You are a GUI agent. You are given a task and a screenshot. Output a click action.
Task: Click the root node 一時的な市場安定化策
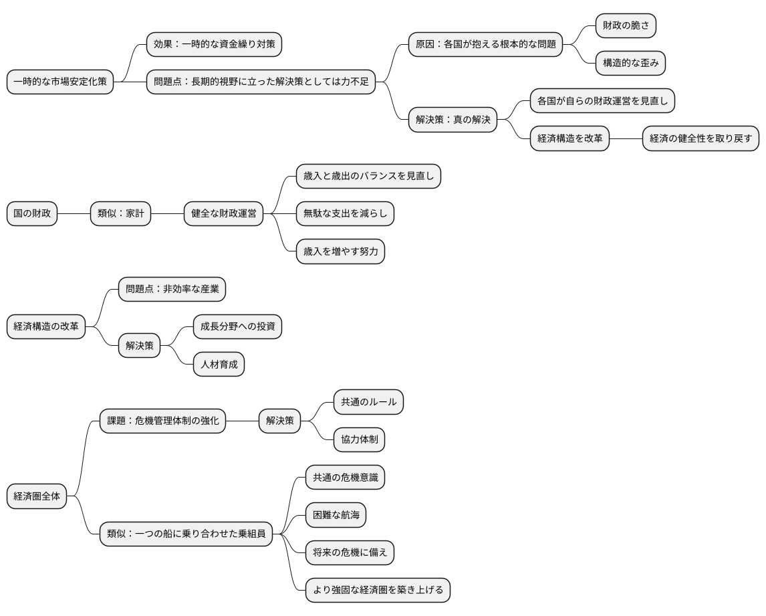pyautogui.click(x=60, y=82)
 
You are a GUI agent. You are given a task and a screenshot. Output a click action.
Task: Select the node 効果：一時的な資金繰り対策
pyautogui.click(x=214, y=45)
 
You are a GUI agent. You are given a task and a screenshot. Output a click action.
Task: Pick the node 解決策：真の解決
pyautogui.click(x=453, y=120)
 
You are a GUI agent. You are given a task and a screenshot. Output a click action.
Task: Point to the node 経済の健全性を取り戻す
pyautogui.click(x=700, y=138)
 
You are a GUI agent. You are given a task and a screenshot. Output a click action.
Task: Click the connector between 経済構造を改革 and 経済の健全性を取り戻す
pyautogui.click(x=626, y=138)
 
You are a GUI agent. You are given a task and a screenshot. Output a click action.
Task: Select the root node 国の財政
pyautogui.click(x=32, y=214)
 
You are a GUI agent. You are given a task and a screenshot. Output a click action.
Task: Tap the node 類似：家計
pyautogui.click(x=120, y=214)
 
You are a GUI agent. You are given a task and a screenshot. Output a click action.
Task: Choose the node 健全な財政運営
pyautogui.click(x=223, y=214)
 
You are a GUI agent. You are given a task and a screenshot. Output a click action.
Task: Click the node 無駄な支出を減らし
pyautogui.click(x=345, y=214)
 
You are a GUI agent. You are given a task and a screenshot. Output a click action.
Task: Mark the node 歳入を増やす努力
pyautogui.click(x=340, y=251)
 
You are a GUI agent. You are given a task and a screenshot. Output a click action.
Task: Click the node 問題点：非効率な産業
pyautogui.click(x=172, y=290)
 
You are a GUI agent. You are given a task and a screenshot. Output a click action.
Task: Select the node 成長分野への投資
pyautogui.click(x=237, y=327)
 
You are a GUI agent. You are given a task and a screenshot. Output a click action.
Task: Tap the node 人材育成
pyautogui.click(x=219, y=365)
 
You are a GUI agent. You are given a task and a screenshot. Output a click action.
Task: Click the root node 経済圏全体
pyautogui.click(x=37, y=496)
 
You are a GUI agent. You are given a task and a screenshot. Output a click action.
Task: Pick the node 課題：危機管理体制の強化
pyautogui.click(x=162, y=421)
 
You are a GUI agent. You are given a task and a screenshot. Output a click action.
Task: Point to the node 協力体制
pyautogui.click(x=359, y=440)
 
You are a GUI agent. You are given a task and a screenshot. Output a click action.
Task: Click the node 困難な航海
pyautogui.click(x=336, y=515)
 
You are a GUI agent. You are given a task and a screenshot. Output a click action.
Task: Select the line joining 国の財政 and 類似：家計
pyautogui.click(x=74, y=214)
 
